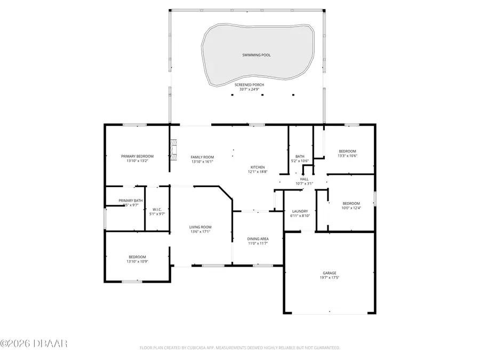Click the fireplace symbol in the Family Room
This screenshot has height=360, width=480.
(173, 149)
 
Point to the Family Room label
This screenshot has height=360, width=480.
(202, 156)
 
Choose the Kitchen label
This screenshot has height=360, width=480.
(257, 167)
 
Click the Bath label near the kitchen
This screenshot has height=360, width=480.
(300, 156)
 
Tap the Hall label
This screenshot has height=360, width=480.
(304, 179)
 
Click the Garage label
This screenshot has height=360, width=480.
(329, 273)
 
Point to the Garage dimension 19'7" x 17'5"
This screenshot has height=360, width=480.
(329, 278)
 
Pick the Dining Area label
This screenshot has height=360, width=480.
(258, 238)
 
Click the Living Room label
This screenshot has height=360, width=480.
(201, 227)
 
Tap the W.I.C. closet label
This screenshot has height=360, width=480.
(157, 209)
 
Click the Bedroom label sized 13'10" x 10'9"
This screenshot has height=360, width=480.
(138, 257)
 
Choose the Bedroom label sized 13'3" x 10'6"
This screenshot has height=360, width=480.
(347, 151)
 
